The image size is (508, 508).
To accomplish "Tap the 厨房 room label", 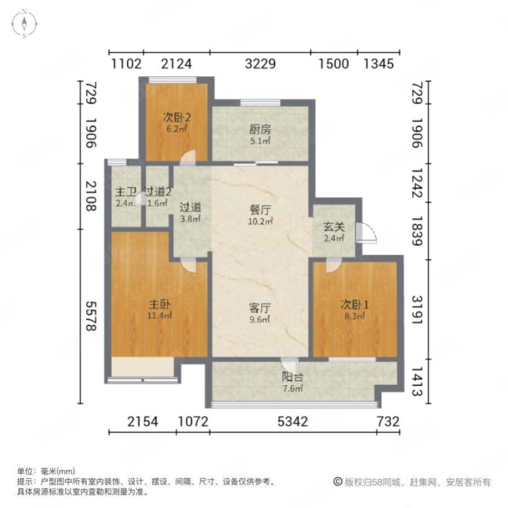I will (x=260, y=129).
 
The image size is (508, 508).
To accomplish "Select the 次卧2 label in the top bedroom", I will (x=177, y=117).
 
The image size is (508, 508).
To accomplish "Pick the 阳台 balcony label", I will (x=292, y=377).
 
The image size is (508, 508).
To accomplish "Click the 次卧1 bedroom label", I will (x=354, y=304).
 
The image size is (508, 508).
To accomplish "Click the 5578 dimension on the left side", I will (x=90, y=314).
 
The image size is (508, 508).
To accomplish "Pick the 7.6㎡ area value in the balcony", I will (x=292, y=388).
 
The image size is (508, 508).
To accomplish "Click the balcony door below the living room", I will (x=290, y=366).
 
